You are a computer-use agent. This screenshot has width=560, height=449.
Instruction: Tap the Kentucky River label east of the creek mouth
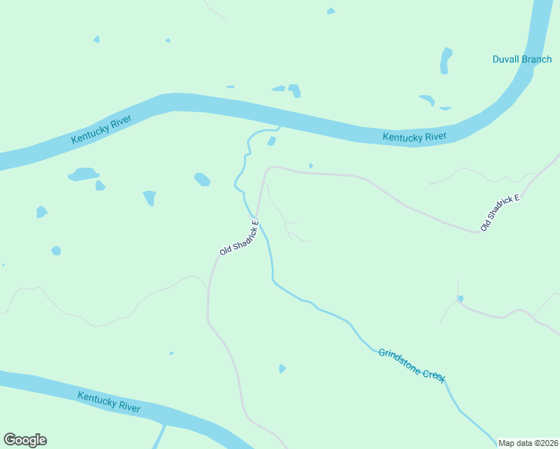[x=414, y=136]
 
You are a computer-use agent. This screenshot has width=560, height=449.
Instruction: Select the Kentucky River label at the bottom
[x=109, y=401]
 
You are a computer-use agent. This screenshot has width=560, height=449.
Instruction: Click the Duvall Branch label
[x=522, y=59]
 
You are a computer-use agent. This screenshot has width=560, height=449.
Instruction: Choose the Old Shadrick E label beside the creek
[x=240, y=238]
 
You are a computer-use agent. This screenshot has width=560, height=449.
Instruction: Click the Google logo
[x=25, y=439]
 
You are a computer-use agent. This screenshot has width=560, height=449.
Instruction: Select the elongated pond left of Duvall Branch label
[x=446, y=61]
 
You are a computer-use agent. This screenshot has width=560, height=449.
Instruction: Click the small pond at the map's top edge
[x=331, y=10]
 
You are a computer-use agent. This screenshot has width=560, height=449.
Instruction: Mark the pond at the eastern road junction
[x=460, y=299]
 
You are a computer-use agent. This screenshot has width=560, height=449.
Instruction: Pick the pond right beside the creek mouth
[x=272, y=141]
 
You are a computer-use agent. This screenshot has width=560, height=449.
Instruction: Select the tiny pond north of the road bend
[x=311, y=165]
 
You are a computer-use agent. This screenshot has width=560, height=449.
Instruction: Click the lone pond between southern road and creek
[x=281, y=368]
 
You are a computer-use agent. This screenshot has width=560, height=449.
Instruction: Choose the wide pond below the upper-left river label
[x=83, y=174]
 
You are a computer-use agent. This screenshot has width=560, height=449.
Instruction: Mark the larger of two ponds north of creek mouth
[x=294, y=91]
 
